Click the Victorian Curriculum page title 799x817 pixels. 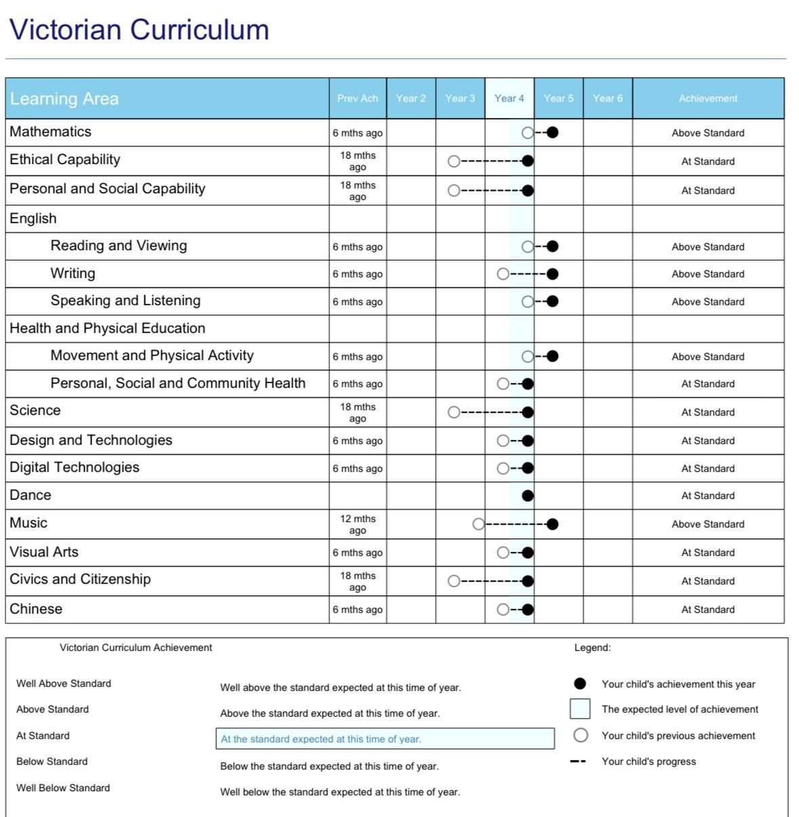[x=139, y=30]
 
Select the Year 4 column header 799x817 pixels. [x=509, y=98]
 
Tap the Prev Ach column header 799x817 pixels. [x=357, y=98]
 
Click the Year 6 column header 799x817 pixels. [x=607, y=98]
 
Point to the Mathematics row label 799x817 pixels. [x=50, y=132]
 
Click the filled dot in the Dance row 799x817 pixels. [x=528, y=496]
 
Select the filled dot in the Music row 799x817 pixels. [x=552, y=524]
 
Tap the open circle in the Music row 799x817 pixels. [x=478, y=524]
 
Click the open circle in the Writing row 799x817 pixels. [x=503, y=274]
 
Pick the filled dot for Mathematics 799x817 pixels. [x=552, y=133]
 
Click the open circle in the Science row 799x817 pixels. [x=454, y=412]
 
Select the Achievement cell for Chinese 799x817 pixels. [x=708, y=610]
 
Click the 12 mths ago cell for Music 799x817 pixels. [x=357, y=524]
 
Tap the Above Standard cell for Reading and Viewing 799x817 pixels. [x=708, y=247]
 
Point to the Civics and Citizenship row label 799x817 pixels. [x=80, y=579]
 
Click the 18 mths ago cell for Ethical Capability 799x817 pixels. [x=357, y=161]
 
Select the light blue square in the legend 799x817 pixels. [x=580, y=709]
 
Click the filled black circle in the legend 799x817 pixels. [x=580, y=684]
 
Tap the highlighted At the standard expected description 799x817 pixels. [x=385, y=739]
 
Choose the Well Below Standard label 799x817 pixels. [x=63, y=788]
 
